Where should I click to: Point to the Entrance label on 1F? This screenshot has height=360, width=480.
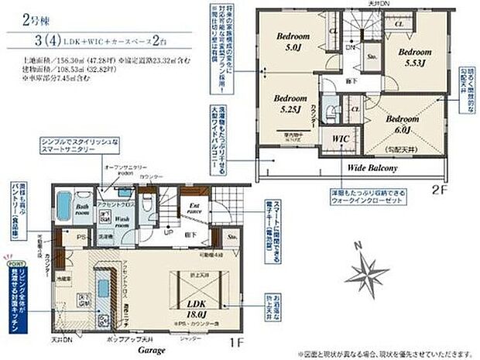195,208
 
